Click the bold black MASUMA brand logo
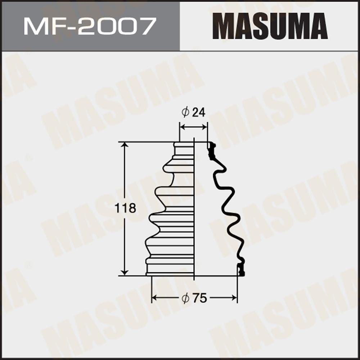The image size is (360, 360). pyautogui.click(x=270, y=26)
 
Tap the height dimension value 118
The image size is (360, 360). pyautogui.click(x=125, y=208)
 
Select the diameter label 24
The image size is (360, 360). pyautogui.click(x=199, y=112)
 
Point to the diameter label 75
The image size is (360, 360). pyautogui.click(x=200, y=298)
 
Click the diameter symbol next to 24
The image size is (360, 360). pyautogui.click(x=185, y=112)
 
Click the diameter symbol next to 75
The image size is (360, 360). pyautogui.click(x=185, y=298)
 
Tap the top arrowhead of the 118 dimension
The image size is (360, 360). pyautogui.click(x=125, y=145)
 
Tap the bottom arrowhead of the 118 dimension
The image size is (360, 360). pyautogui.click(x=125, y=273)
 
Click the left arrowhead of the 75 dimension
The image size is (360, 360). pyautogui.click(x=154, y=298)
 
